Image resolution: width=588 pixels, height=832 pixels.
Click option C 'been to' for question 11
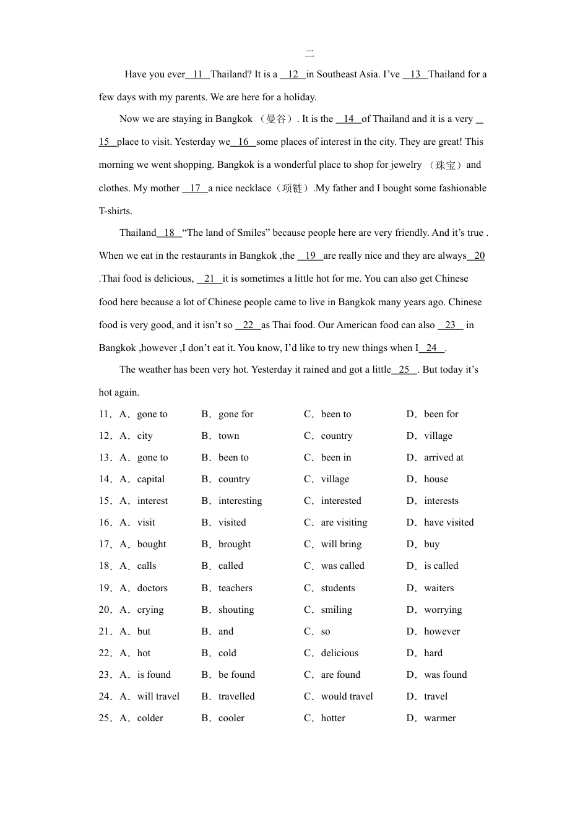[x=335, y=414]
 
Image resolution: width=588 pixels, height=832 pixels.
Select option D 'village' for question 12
[x=438, y=436]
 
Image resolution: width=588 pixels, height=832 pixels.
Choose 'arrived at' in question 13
[x=443, y=457]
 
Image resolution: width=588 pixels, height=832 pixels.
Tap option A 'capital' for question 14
[x=150, y=479]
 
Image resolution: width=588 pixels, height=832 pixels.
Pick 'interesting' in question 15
[x=240, y=501]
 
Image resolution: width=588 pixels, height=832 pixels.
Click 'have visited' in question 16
[x=449, y=522]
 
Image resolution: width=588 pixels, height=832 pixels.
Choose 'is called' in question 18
[x=441, y=566]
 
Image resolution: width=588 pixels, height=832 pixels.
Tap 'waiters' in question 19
[x=439, y=588]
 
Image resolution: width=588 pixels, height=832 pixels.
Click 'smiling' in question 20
[x=336, y=610]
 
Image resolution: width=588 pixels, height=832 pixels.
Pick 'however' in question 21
[x=442, y=631]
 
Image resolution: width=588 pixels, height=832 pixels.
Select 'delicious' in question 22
[x=339, y=653]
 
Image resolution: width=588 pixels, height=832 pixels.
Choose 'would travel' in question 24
[x=347, y=696]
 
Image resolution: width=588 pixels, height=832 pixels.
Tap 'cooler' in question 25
[x=231, y=718]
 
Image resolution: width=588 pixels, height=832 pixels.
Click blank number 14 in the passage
[x=349, y=119]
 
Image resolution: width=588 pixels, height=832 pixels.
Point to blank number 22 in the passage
[x=248, y=325]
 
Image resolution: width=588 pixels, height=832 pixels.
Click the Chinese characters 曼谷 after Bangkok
[x=276, y=119]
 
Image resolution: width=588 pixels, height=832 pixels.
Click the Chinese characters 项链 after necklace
[x=292, y=188]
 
